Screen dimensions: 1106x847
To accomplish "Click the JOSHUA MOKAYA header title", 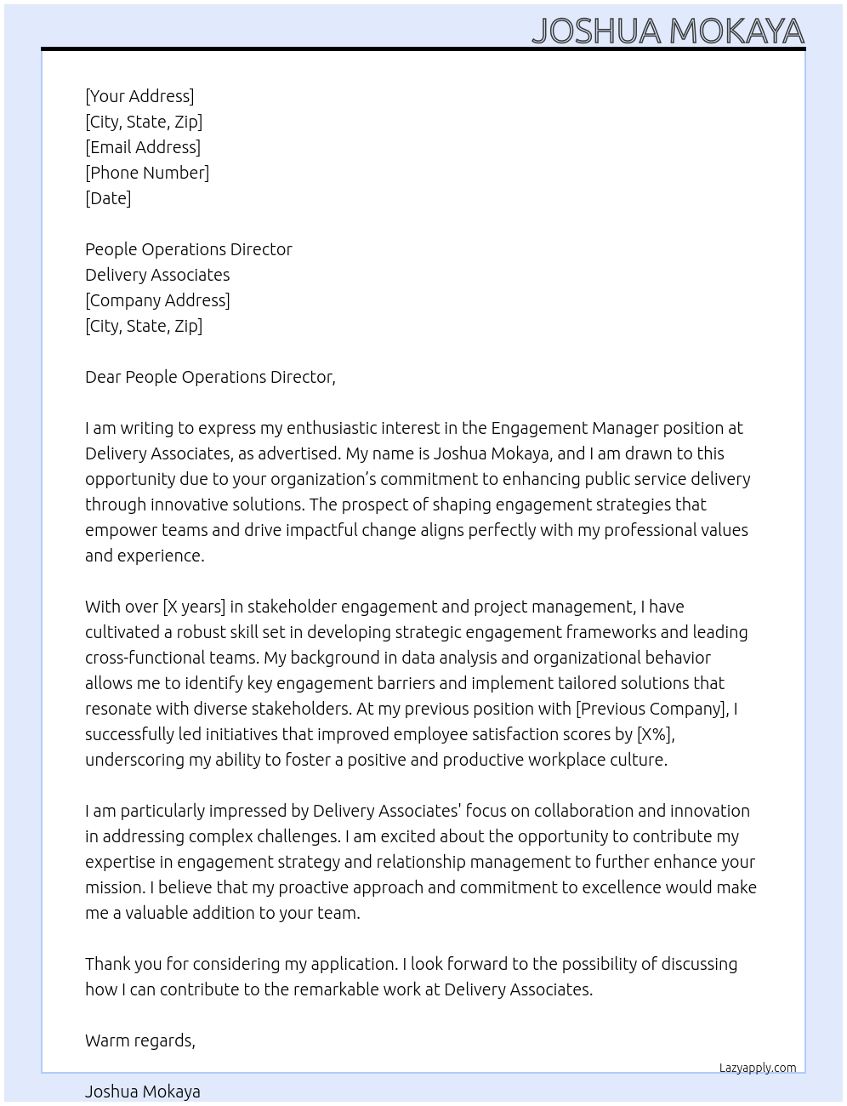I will pos(668,31).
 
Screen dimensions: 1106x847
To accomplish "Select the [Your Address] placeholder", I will pos(139,96).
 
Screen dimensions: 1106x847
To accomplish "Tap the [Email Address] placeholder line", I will pos(143,147).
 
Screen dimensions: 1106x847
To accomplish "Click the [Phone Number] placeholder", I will pos(147,173).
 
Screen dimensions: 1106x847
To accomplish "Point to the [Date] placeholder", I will pos(108,198).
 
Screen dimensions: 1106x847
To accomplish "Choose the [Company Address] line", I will pos(157,300).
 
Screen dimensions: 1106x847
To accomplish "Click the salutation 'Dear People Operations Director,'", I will pos(210,377).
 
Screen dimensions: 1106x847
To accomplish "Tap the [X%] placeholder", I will pos(655,734).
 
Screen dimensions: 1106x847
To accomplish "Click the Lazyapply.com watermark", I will pos(758,1068).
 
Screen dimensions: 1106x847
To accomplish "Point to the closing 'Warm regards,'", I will pos(140,1040).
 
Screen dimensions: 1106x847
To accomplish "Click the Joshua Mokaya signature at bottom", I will pos(143,1092).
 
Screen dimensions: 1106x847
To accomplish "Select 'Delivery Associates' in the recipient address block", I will pos(157,275).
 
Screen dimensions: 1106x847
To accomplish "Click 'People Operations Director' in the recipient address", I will pos(189,249).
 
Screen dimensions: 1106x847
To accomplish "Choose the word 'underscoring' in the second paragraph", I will pos(134,760).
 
